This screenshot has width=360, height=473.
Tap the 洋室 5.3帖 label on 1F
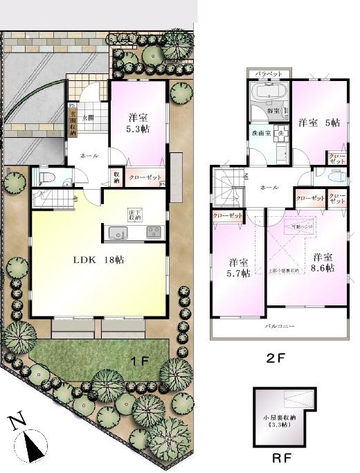pos(138,123)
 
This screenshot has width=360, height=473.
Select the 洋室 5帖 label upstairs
pos(318,123)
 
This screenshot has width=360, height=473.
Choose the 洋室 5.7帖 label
pos(239,268)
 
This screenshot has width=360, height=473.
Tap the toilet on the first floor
pos(43,178)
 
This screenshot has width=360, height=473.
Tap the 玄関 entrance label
pos(88,118)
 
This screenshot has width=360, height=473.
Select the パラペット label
pos(269,73)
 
